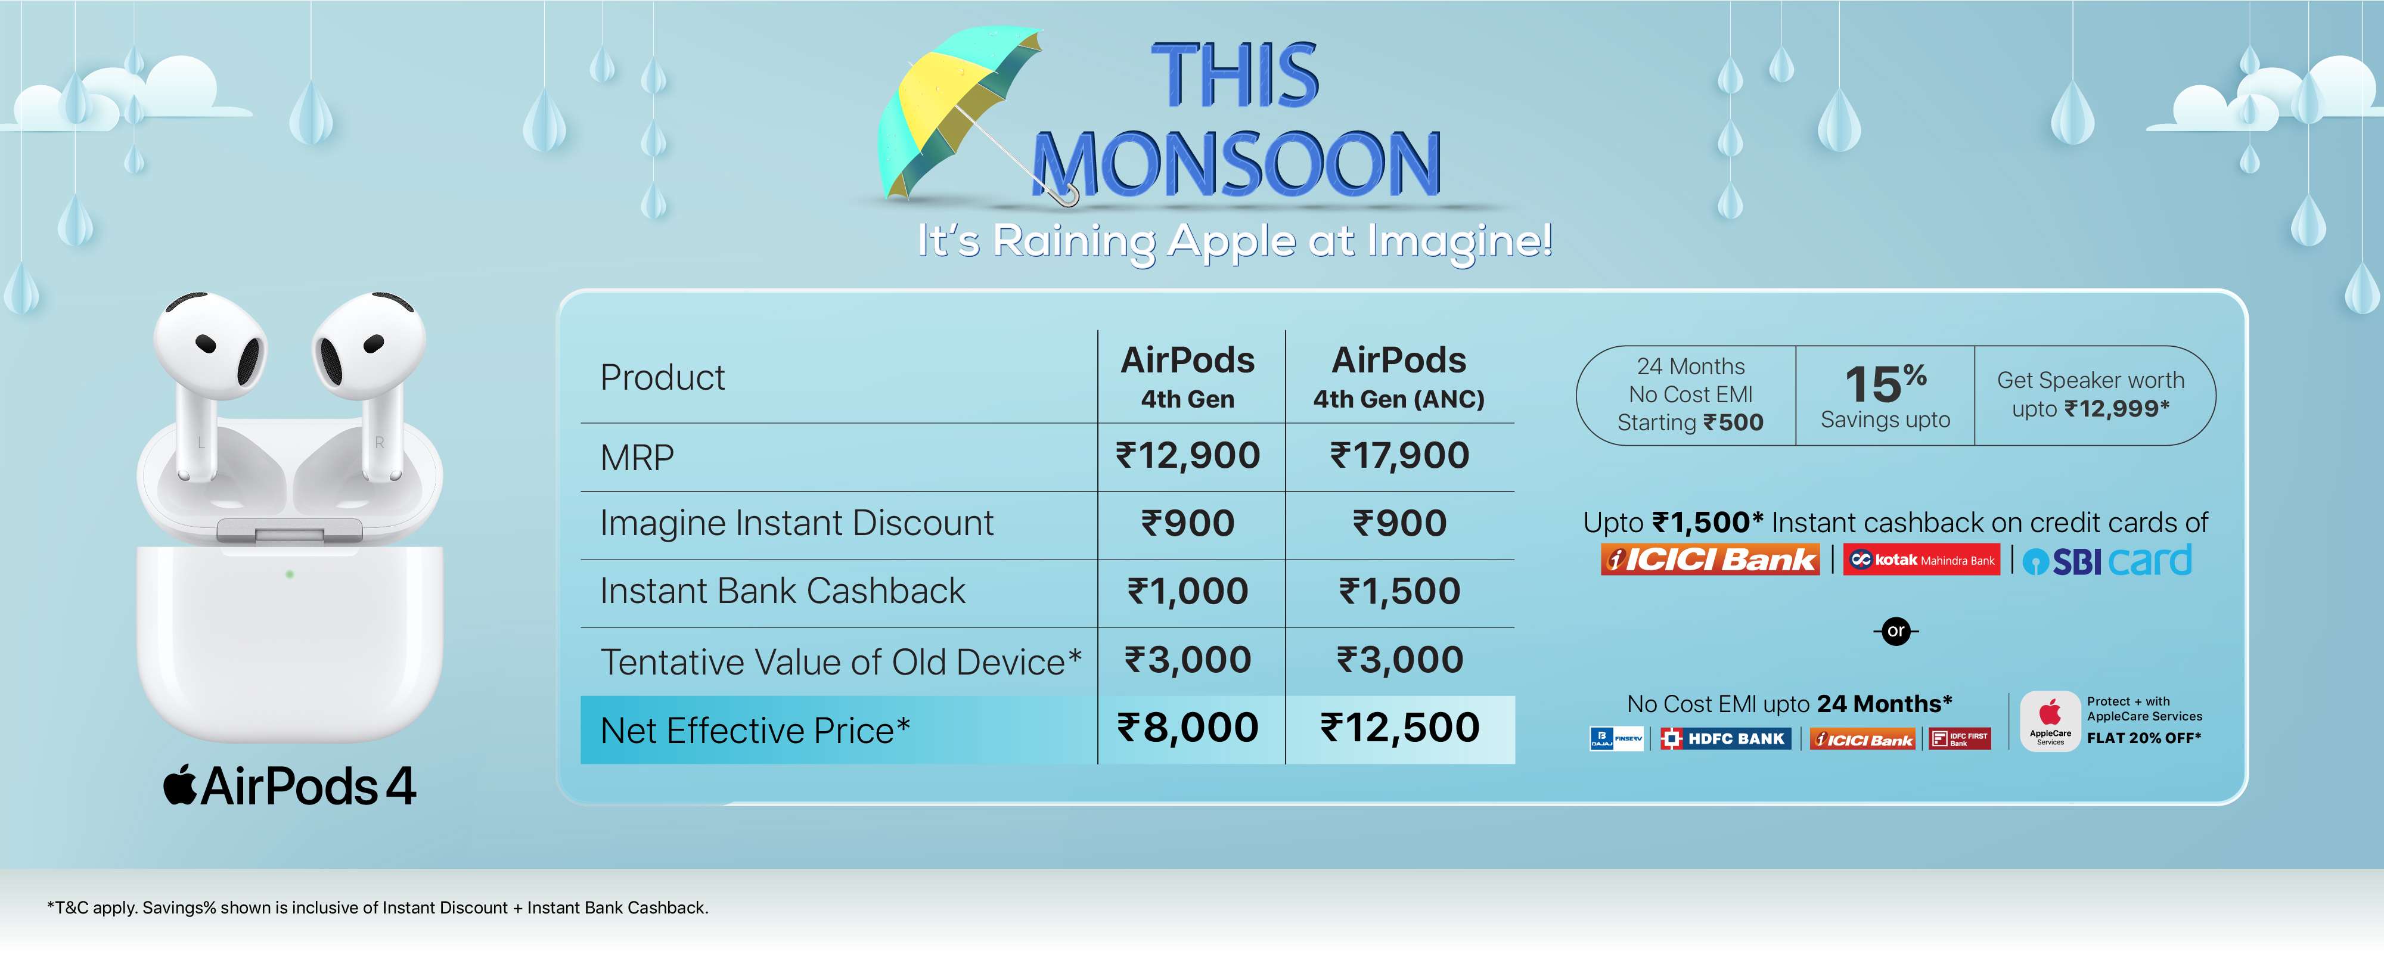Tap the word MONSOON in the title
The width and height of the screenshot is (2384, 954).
[x=1237, y=164]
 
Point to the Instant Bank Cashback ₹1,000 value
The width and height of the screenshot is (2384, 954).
[x=1188, y=591]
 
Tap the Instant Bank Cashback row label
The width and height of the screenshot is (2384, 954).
[x=783, y=591]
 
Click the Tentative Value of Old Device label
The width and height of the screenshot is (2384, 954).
[x=840, y=661]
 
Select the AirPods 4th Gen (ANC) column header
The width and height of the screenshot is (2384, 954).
[x=1399, y=377]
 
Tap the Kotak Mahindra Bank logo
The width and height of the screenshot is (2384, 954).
[x=1922, y=560]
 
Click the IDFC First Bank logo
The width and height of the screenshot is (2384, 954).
[x=1960, y=738]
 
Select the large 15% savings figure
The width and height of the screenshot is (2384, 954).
[x=1885, y=383]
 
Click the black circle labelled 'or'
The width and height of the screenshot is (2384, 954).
[x=1896, y=631]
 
